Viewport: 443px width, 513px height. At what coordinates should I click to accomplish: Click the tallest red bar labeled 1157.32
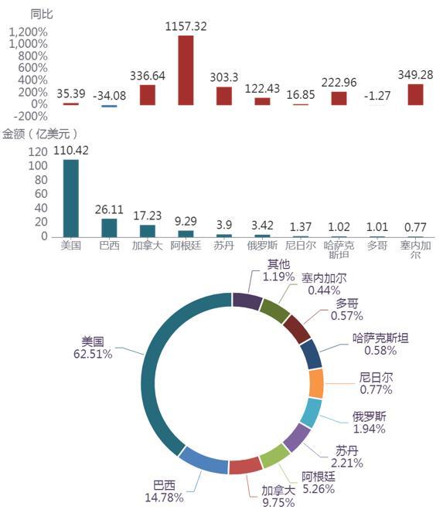(x=186, y=70)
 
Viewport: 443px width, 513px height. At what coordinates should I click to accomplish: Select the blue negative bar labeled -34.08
(x=109, y=106)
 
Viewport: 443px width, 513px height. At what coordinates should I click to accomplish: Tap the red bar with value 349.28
(x=415, y=94)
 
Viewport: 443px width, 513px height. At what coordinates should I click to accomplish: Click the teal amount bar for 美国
(x=70, y=199)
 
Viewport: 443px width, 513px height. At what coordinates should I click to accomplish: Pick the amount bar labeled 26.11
(x=109, y=228)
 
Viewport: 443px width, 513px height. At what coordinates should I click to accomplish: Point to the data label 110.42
(x=71, y=151)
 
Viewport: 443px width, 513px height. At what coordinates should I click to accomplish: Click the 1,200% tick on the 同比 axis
(x=29, y=32)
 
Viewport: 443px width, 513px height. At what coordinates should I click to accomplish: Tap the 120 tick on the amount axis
(x=38, y=151)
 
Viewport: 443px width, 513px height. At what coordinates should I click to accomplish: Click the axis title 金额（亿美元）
(x=40, y=134)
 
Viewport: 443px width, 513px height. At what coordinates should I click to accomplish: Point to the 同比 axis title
(x=42, y=14)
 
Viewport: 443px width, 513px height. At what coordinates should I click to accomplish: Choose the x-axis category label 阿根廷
(x=186, y=246)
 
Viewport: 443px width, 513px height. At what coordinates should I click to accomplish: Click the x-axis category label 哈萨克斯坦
(x=339, y=250)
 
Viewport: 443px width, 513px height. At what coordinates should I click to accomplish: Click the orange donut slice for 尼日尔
(x=316, y=383)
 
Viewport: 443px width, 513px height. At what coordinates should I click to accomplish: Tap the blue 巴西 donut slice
(x=203, y=460)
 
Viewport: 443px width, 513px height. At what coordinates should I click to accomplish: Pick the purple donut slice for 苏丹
(x=297, y=437)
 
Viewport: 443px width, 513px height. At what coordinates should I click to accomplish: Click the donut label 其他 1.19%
(x=278, y=270)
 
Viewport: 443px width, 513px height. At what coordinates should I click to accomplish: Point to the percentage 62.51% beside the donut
(x=93, y=354)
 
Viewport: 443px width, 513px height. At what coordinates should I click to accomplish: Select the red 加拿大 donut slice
(x=246, y=466)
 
